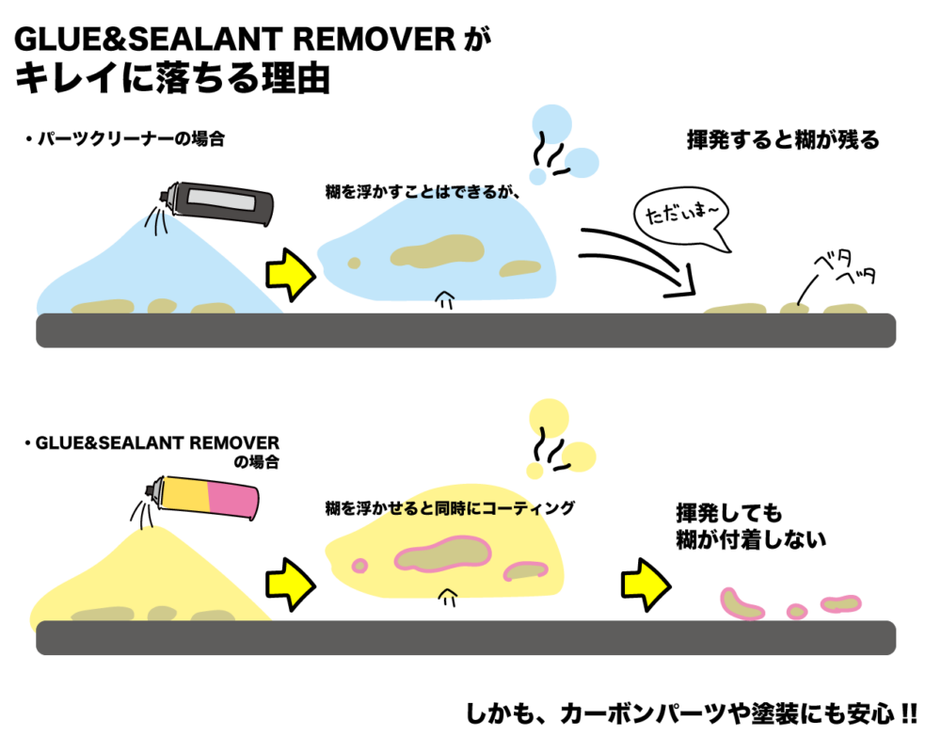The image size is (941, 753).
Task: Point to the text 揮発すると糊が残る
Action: pos(781,140)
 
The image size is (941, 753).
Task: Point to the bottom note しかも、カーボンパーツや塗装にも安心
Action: pos(691,713)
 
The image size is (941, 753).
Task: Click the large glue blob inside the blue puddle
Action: pos(436,252)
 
